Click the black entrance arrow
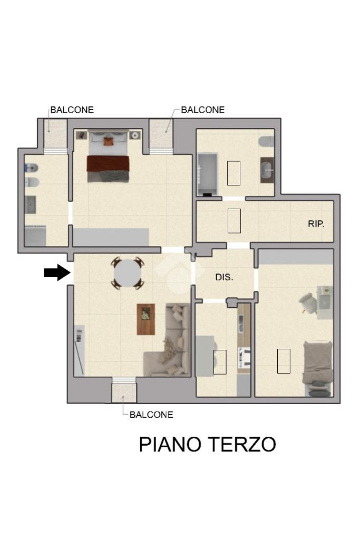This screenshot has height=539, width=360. click(x=57, y=272)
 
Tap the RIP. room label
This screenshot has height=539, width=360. click(x=316, y=224)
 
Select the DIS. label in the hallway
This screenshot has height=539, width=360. click(x=224, y=277)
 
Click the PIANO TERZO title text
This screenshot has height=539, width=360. click(x=207, y=444)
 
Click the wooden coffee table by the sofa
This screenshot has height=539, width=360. click(x=146, y=319)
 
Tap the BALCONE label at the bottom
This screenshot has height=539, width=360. click(x=151, y=415)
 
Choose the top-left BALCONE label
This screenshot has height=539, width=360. click(x=72, y=110)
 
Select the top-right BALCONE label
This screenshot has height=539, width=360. click(x=203, y=110)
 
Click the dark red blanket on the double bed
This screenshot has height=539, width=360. click(x=108, y=164)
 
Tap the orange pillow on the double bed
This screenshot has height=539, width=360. click(x=108, y=141)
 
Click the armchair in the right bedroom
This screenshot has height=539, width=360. click(x=308, y=303)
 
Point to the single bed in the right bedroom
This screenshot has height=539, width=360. click(x=318, y=368)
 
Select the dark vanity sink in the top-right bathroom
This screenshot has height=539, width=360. click(x=267, y=170)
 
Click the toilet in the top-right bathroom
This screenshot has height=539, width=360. click(x=267, y=141)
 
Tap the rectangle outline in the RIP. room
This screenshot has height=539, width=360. click(x=234, y=221)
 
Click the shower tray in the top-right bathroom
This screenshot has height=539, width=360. click(x=208, y=174)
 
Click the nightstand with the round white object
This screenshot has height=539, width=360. click(x=135, y=135)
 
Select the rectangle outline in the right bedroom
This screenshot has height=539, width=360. click(x=284, y=361)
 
